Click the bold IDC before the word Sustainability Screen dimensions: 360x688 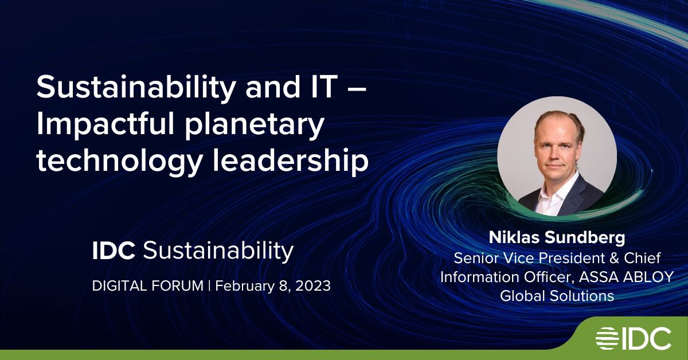coord(114,251)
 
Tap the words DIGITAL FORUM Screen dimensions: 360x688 coord(148,286)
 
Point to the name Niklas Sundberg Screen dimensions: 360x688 coord(557,237)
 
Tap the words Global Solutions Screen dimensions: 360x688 coord(557,296)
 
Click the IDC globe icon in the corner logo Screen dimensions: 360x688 coord(607,338)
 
